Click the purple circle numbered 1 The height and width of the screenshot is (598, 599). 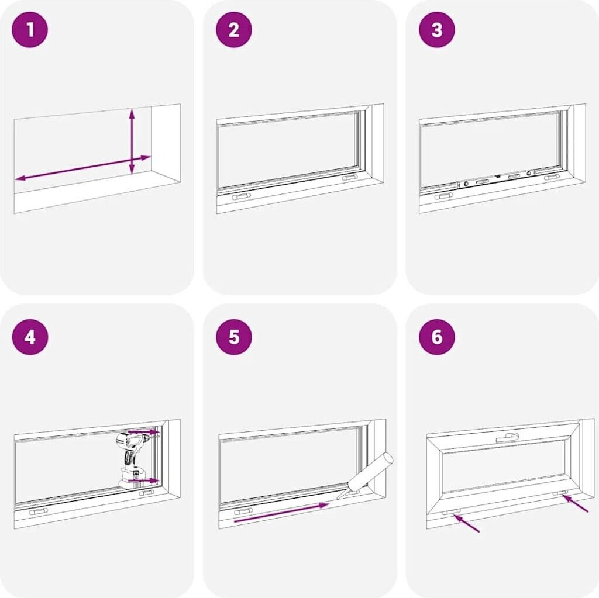click(x=30, y=30)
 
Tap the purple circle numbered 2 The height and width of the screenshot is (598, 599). click(x=234, y=30)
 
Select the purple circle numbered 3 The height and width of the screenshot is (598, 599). click(x=437, y=30)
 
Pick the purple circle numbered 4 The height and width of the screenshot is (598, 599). click(x=30, y=337)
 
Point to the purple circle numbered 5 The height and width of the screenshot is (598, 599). click(x=234, y=337)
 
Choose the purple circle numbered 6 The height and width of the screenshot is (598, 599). click(x=437, y=337)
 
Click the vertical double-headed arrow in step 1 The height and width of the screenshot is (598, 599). click(x=132, y=141)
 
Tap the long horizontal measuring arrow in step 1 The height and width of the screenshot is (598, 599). click(x=83, y=168)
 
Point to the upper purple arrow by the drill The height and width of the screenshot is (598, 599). click(x=143, y=432)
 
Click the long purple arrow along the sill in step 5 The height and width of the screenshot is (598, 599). click(x=281, y=513)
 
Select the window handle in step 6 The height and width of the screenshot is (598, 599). click(x=508, y=437)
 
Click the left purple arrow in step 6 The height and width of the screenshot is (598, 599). click(x=466, y=523)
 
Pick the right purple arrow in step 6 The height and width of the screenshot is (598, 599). click(x=575, y=503)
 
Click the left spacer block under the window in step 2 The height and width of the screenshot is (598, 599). click(x=242, y=196)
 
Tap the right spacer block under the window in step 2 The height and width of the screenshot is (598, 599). click(x=350, y=178)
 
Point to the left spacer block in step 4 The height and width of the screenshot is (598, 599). click(x=39, y=511)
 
